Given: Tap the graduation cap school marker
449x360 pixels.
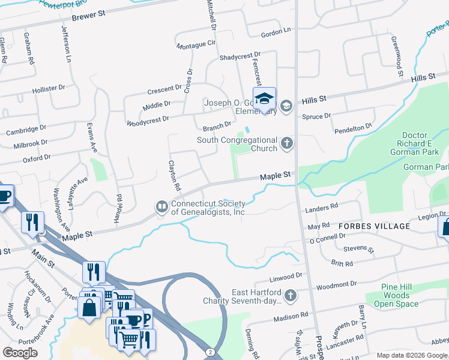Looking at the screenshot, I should pyautogui.click(x=264, y=98).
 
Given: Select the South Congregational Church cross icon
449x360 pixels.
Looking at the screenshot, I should pyautogui.click(x=287, y=144).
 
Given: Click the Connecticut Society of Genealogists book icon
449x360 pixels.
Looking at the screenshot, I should pyautogui.click(x=161, y=207).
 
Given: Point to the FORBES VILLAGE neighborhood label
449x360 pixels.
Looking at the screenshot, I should pyautogui.click(x=374, y=226).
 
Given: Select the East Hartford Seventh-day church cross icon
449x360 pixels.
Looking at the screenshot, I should pyautogui.click(x=290, y=295).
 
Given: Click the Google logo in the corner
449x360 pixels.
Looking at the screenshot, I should pyautogui.click(x=20, y=353).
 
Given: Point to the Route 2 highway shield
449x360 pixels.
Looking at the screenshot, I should pyautogui.click(x=208, y=350).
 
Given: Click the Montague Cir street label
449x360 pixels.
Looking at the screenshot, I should pyautogui.click(x=196, y=44).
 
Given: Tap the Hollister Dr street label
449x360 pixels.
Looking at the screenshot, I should pyautogui.click(x=49, y=88).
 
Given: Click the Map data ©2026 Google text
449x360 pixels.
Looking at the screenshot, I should pyautogui.click(x=411, y=355).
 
